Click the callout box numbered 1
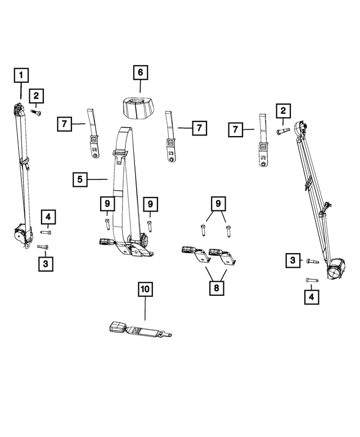point(20,74)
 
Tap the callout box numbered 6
point(140,73)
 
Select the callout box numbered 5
point(80,179)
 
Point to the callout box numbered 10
point(145,290)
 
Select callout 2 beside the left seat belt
point(37,96)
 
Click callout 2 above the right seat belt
point(283,111)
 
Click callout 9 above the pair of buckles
point(217,202)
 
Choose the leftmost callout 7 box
point(65,123)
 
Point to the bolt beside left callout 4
point(47,232)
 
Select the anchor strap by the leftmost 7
point(93,138)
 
